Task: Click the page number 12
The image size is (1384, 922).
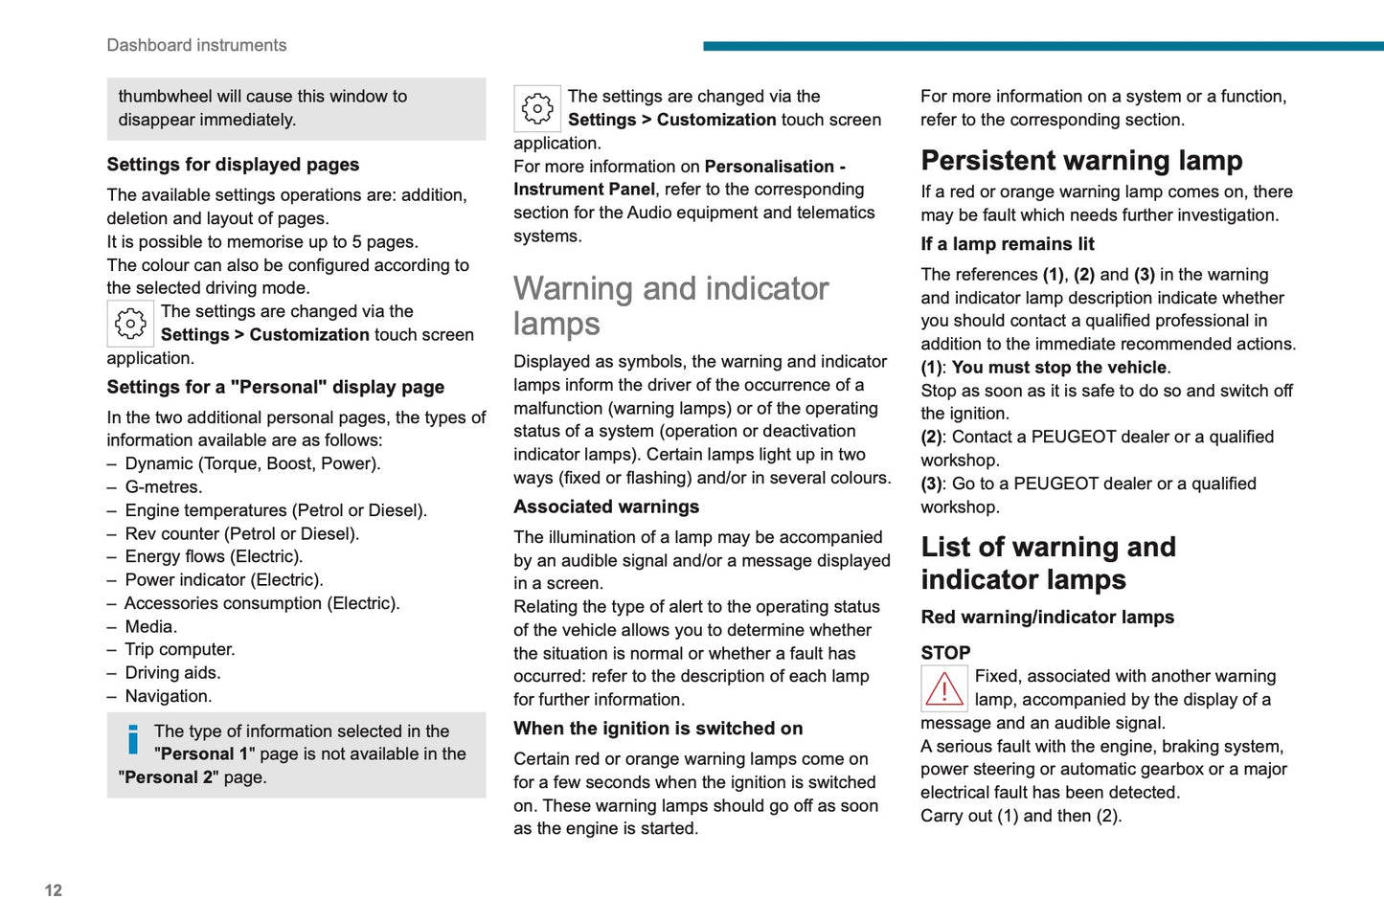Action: click(x=54, y=890)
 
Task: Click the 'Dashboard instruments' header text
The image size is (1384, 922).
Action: click(x=196, y=45)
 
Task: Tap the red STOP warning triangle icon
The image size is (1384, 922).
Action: click(x=943, y=688)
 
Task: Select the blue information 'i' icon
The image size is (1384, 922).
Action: click(x=133, y=739)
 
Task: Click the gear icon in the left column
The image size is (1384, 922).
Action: click(x=130, y=324)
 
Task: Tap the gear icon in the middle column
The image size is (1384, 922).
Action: click(x=537, y=108)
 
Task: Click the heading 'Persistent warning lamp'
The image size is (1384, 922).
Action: click(x=1081, y=160)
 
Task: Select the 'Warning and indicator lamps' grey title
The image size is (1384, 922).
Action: click(x=670, y=305)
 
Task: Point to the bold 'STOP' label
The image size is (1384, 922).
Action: click(x=945, y=653)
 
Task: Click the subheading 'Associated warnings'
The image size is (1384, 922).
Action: click(x=606, y=506)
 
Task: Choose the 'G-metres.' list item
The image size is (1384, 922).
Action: click(x=164, y=487)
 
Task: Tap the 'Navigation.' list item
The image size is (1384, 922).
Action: click(x=169, y=696)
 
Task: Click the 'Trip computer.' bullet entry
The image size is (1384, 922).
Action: click(x=180, y=649)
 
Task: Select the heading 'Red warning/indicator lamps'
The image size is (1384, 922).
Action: click(x=1047, y=618)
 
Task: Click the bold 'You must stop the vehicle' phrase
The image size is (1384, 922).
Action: click(x=1059, y=368)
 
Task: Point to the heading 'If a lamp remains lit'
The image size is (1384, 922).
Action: click(x=1008, y=244)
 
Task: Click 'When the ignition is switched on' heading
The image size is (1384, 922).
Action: click(x=658, y=729)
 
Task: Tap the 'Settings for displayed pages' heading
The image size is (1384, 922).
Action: click(x=233, y=165)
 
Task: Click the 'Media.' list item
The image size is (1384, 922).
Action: click(x=151, y=626)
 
